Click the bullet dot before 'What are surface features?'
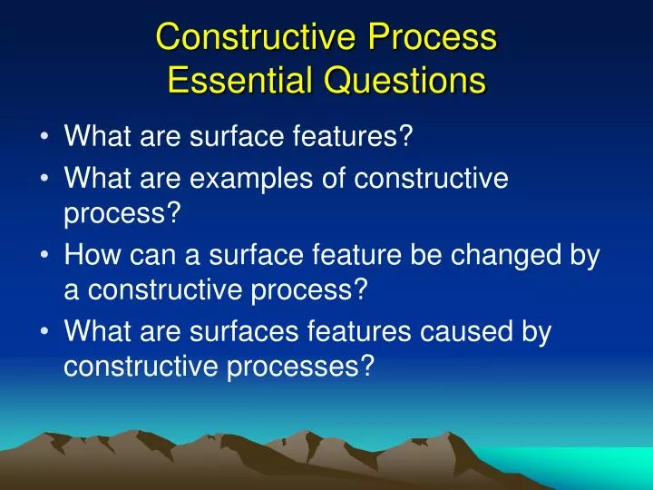coord(45,138)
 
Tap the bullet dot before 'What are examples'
coord(45,179)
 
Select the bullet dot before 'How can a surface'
coord(45,257)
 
